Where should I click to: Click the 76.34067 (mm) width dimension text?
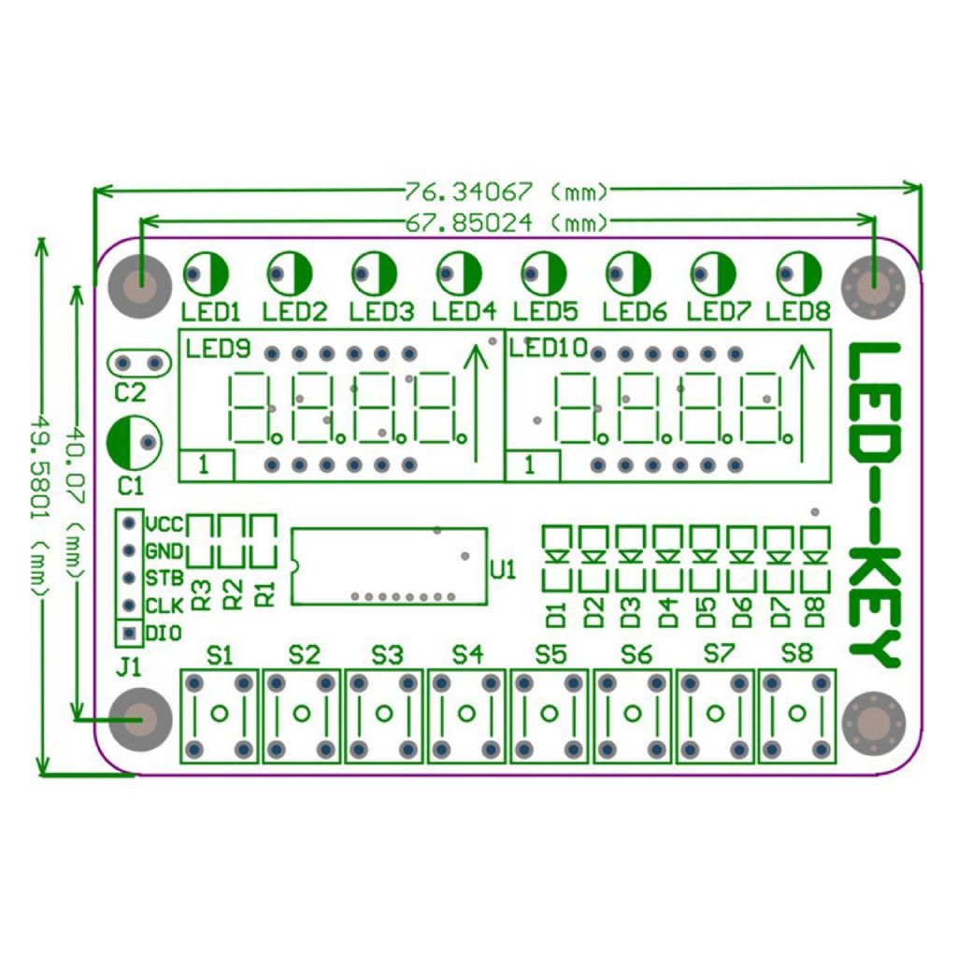pyautogui.click(x=507, y=193)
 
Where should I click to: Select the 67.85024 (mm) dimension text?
pyautogui.click(x=507, y=223)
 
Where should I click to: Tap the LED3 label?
pyautogui.click(x=381, y=312)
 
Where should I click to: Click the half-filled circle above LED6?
pyautogui.click(x=628, y=274)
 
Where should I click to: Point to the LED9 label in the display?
pyautogui.click(x=218, y=350)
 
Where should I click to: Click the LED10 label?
pyautogui.click(x=548, y=348)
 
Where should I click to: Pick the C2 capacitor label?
pyautogui.click(x=131, y=393)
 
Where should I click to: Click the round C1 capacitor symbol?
pyautogui.click(x=135, y=442)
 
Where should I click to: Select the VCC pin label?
pyautogui.click(x=164, y=524)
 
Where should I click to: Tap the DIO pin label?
pyautogui.click(x=164, y=634)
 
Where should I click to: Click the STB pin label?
pyautogui.click(x=164, y=578)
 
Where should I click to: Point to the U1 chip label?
pyautogui.click(x=503, y=570)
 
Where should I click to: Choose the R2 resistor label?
pyautogui.click(x=233, y=594)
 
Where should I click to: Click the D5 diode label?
pyautogui.click(x=706, y=613)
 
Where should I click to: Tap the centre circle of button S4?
pyautogui.click(x=466, y=713)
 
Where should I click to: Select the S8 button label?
pyautogui.click(x=796, y=653)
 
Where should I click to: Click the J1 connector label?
pyautogui.click(x=128, y=667)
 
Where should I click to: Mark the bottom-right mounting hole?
pyautogui.click(x=874, y=722)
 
